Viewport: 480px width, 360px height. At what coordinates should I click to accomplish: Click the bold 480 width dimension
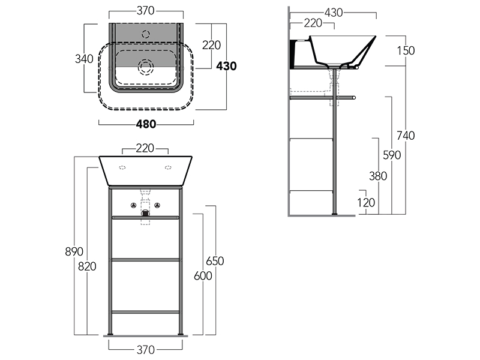click(146, 124)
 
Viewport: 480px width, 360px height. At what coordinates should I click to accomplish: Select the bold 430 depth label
click(226, 66)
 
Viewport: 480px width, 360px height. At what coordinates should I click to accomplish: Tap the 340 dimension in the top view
click(84, 58)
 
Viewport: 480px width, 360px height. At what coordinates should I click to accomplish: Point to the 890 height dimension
click(74, 251)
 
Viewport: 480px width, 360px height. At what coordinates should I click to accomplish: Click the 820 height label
click(87, 266)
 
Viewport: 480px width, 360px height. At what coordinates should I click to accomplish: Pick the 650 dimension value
click(215, 261)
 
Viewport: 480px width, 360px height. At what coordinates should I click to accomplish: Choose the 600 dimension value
click(203, 276)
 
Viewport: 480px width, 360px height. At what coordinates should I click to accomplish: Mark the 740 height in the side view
click(406, 136)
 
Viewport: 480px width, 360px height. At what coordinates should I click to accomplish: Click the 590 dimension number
click(392, 155)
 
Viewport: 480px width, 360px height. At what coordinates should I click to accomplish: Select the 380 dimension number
click(378, 176)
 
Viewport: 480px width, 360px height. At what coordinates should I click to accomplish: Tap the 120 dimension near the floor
click(366, 202)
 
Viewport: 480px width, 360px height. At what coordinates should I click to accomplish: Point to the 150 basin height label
click(406, 50)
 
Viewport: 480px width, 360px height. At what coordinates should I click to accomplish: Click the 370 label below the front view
click(146, 349)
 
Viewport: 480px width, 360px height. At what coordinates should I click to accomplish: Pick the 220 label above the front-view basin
click(145, 148)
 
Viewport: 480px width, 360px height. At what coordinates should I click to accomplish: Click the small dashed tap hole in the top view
click(146, 34)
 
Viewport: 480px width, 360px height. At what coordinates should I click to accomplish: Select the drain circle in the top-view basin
click(146, 67)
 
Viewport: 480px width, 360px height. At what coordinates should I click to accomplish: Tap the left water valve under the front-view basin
click(133, 205)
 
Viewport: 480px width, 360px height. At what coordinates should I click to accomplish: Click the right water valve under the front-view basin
click(157, 205)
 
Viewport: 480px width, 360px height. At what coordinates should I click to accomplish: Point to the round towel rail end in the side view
click(353, 98)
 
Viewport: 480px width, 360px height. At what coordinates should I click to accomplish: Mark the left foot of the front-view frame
click(110, 334)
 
